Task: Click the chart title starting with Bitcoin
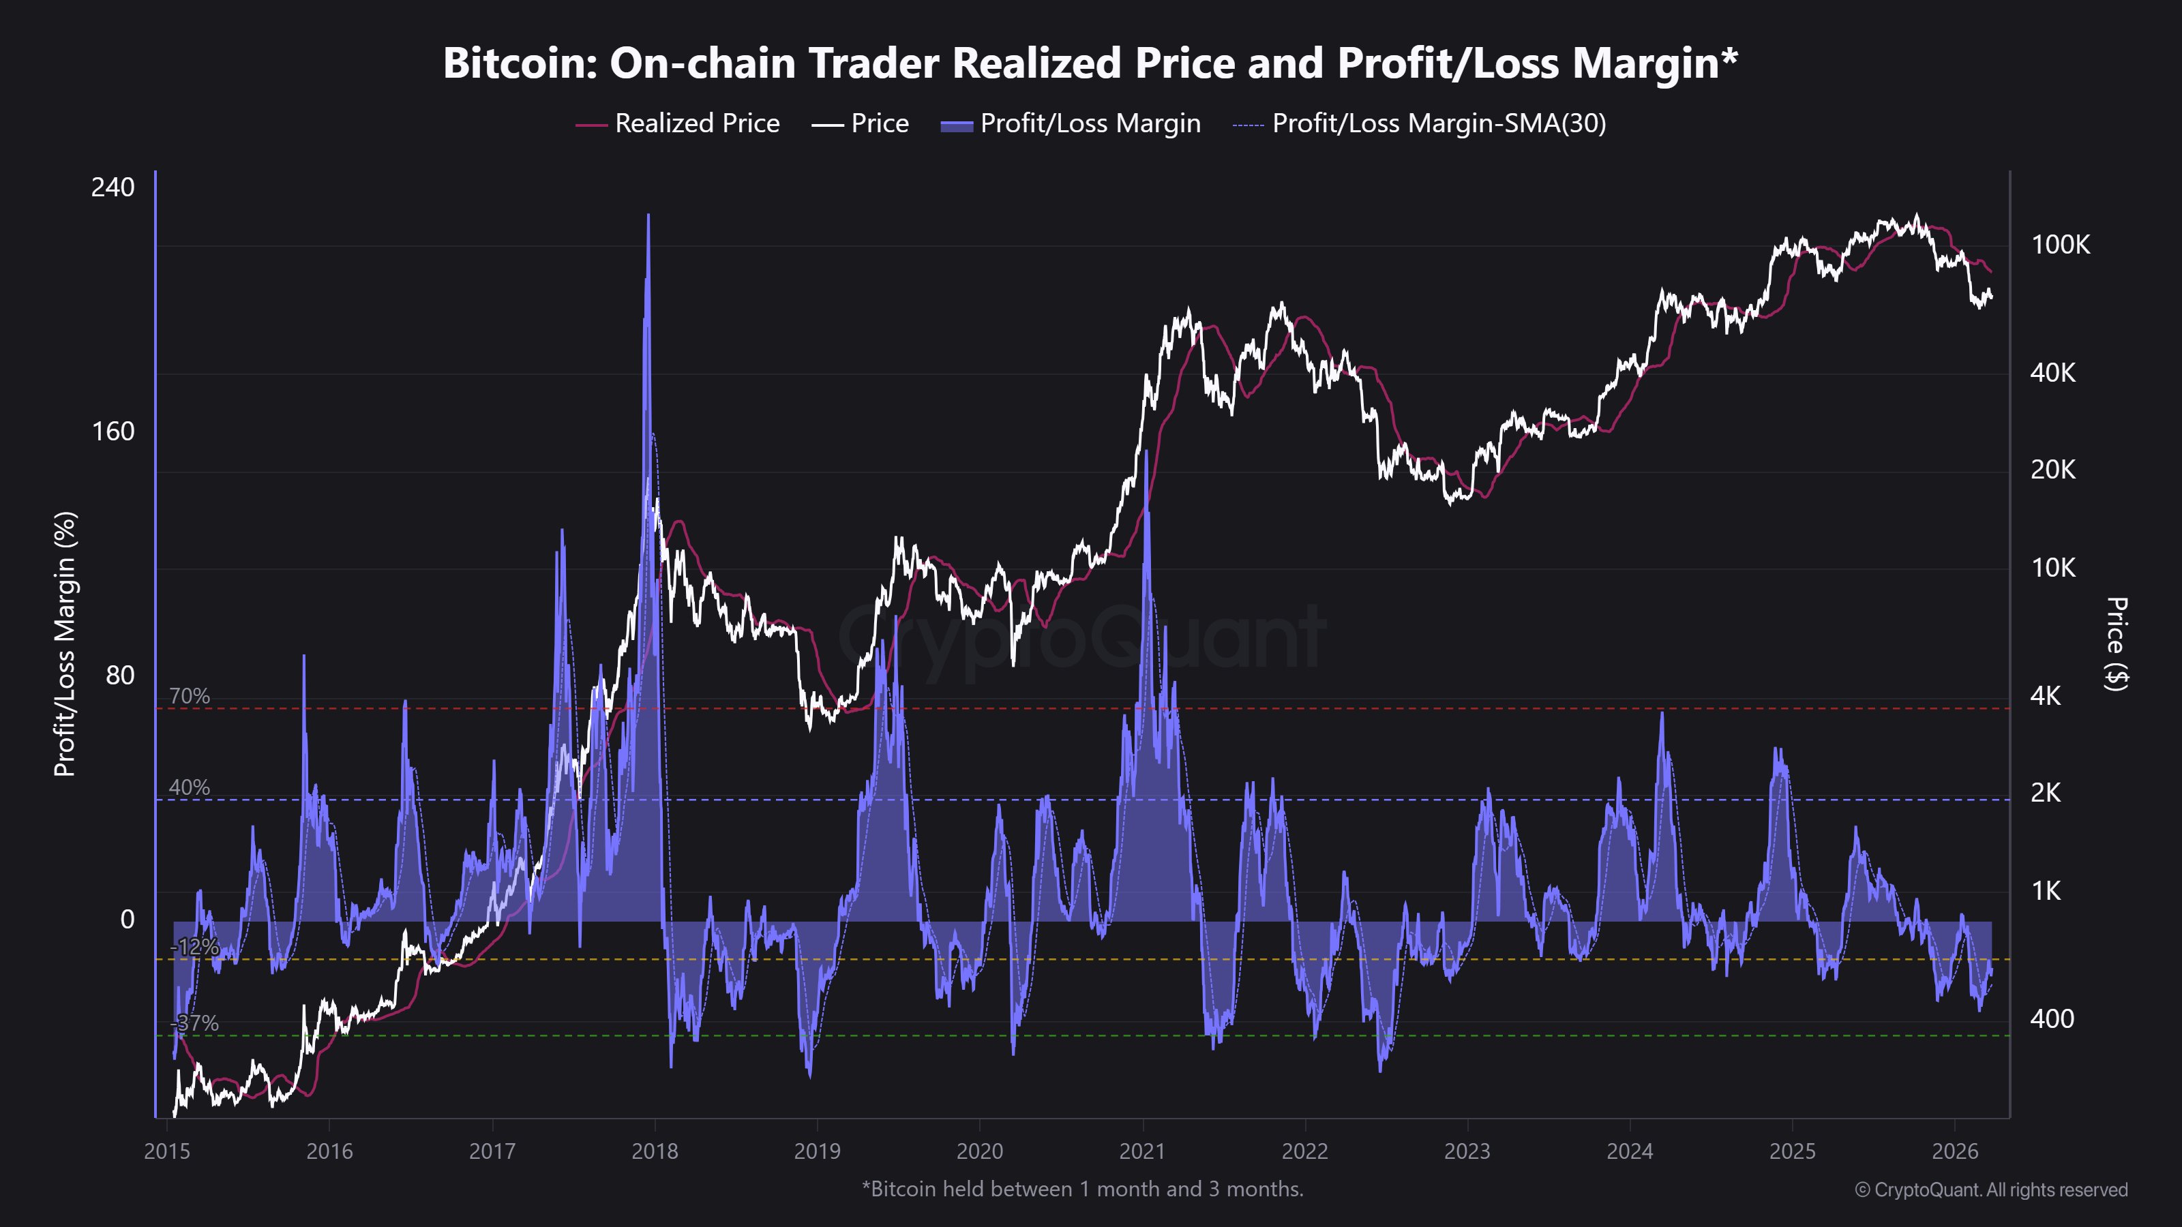tap(1090, 63)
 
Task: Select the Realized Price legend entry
tap(677, 123)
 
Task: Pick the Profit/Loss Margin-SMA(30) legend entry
tap(1419, 123)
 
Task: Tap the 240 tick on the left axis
tap(113, 187)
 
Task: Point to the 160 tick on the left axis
tap(113, 431)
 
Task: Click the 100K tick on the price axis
tap(2060, 245)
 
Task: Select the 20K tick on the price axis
tap(2052, 469)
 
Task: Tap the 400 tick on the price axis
tap(2052, 1018)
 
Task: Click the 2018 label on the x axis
tap(655, 1151)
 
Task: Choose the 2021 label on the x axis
tap(1143, 1151)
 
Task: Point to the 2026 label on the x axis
tap(1955, 1151)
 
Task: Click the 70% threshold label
tap(189, 696)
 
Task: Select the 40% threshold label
tap(189, 787)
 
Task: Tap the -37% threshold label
tap(195, 1023)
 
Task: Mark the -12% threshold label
tap(195, 947)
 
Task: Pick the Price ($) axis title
tap(2116, 643)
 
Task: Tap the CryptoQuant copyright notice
tap(1990, 1190)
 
